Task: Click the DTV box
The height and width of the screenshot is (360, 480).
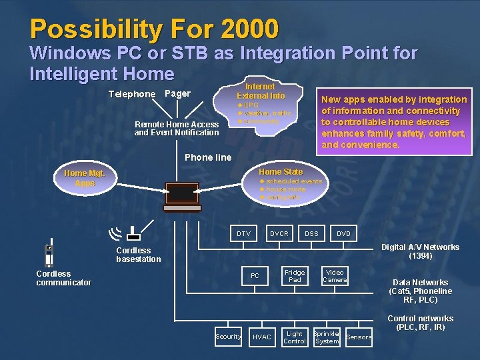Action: [243, 234]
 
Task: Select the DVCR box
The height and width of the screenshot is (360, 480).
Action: [279, 234]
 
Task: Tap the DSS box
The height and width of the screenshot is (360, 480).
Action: [311, 234]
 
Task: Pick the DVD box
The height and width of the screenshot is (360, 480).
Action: [343, 234]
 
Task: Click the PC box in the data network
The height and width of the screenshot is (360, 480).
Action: [255, 276]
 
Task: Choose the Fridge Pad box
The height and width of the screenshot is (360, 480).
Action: [295, 276]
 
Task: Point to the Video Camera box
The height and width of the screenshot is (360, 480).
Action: [335, 276]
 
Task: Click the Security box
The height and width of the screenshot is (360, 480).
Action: [228, 337]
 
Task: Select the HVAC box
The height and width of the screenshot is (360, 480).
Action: [262, 337]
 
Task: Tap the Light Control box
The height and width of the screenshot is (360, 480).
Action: [295, 337]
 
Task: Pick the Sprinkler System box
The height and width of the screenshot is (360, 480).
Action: [327, 337]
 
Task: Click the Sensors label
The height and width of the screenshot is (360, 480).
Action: [359, 337]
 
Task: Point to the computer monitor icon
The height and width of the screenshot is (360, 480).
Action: [182, 194]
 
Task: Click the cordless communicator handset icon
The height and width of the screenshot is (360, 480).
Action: [49, 255]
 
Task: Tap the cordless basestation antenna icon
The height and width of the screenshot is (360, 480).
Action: [127, 233]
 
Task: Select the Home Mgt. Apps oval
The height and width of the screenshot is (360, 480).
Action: [85, 178]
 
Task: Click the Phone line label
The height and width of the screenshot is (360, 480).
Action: [208, 158]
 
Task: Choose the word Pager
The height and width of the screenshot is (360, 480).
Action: [177, 94]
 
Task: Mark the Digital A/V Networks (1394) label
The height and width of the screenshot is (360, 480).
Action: [420, 251]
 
